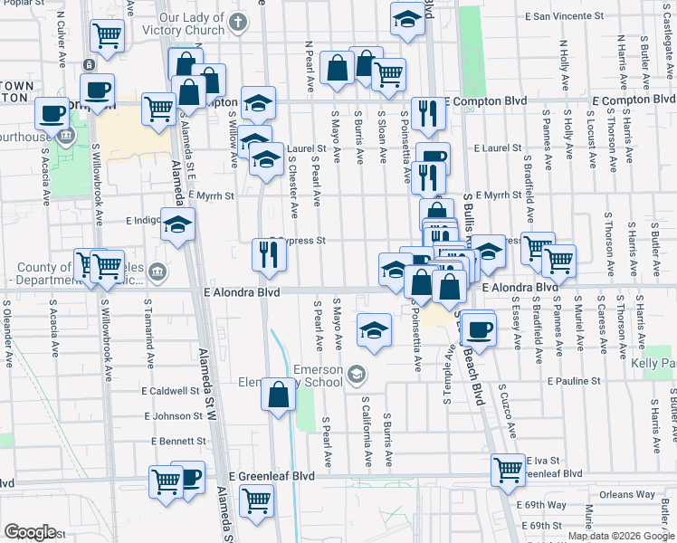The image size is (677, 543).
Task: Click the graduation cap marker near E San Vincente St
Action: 407,19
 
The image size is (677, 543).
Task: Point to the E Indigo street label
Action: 142,220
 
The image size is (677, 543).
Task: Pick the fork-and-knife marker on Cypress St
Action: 269,254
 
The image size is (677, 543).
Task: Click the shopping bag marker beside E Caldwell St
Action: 279,395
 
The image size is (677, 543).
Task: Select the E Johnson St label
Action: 172,416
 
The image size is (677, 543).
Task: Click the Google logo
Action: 30,532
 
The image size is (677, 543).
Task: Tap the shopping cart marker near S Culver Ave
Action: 107,36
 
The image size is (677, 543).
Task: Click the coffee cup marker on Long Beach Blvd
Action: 479,329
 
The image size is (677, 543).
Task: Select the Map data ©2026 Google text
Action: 621,536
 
